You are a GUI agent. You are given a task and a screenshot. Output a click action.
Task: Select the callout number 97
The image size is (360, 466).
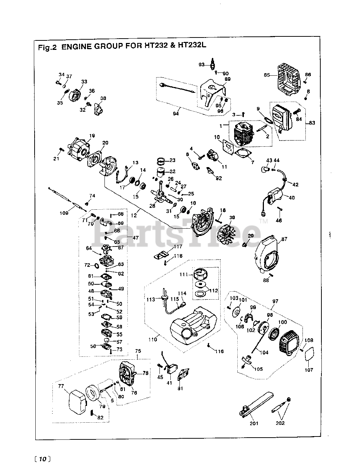click(x=275, y=301)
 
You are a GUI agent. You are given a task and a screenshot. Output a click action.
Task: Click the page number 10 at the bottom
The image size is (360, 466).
click(x=43, y=459)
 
